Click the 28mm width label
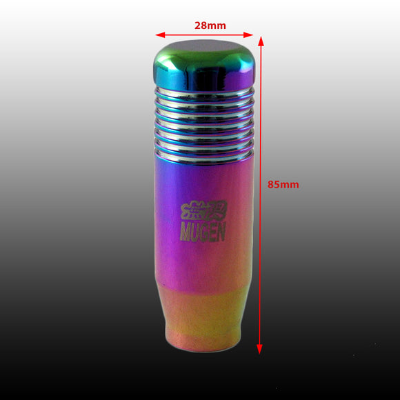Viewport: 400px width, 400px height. (x=210, y=26)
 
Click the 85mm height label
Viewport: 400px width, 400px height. (x=283, y=184)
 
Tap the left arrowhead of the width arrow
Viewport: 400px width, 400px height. (x=160, y=35)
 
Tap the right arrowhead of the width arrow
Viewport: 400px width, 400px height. (x=248, y=35)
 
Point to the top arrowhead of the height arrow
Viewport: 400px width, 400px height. (x=261, y=41)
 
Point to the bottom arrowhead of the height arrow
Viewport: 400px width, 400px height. (x=259, y=349)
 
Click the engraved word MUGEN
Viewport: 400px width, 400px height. (x=203, y=232)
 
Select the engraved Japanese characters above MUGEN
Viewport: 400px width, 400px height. (x=203, y=210)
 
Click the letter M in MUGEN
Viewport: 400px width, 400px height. (x=185, y=232)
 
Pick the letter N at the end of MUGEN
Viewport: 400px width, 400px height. (x=221, y=231)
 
